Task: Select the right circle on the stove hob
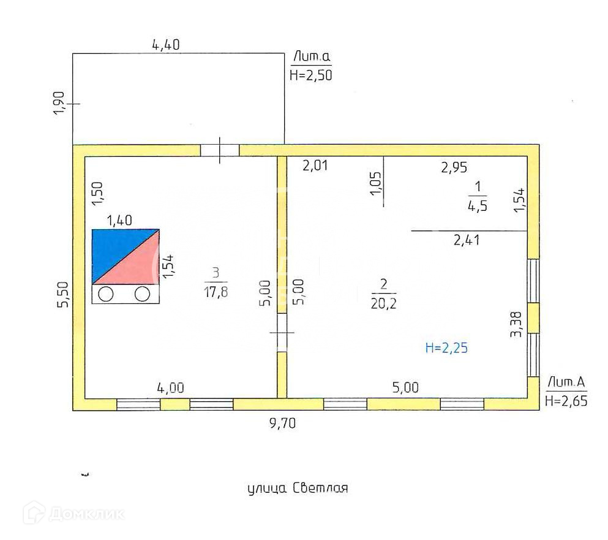click(143, 294)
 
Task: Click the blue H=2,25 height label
click(446, 348)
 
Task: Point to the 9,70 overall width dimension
click(282, 423)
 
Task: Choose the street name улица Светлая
click(298, 489)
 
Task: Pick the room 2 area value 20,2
click(384, 303)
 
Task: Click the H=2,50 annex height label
click(310, 75)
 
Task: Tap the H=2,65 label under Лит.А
click(566, 401)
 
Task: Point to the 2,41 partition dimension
click(467, 240)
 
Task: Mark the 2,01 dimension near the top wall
click(316, 165)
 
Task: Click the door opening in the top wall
click(220, 150)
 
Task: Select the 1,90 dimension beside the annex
click(59, 104)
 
